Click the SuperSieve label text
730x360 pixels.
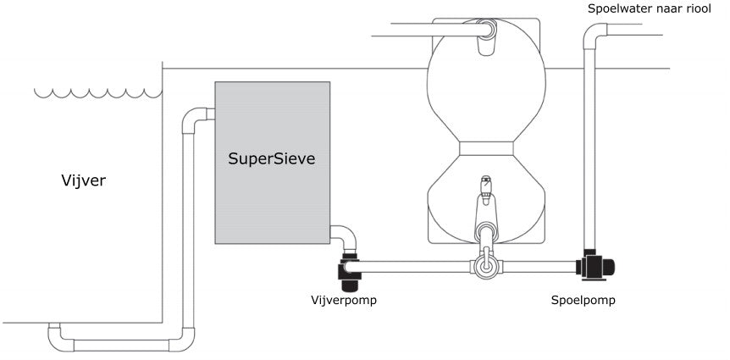tap(272, 158)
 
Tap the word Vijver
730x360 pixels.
tap(83, 180)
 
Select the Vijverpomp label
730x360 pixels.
tap(344, 300)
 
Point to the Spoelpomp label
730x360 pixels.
tap(583, 301)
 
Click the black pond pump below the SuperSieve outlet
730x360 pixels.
tap(348, 272)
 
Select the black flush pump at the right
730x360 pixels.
tap(595, 265)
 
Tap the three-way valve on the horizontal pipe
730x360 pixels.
tap(486, 264)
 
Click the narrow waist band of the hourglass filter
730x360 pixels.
tap(486, 148)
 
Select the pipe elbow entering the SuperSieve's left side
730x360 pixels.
tap(196, 119)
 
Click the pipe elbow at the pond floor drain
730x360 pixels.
tap(59, 337)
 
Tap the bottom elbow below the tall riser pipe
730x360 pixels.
tap(183, 340)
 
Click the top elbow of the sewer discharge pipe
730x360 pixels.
tap(595, 34)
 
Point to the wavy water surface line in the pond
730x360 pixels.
tap(97, 93)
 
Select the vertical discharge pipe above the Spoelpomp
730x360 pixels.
tap(589, 148)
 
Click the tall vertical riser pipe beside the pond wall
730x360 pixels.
tap(188, 230)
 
